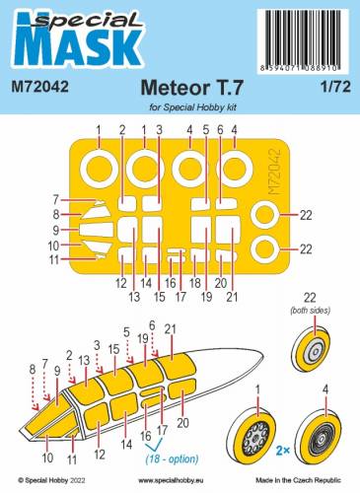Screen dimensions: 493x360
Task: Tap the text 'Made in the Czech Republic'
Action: [310, 482]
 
